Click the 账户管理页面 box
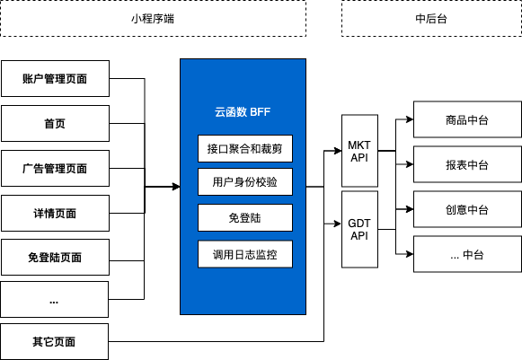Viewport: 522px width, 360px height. [55, 78]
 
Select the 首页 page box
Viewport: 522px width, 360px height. [55, 123]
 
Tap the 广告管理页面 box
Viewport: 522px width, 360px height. [55, 168]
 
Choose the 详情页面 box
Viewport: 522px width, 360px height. [55, 213]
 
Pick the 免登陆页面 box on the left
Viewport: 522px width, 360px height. [55, 258]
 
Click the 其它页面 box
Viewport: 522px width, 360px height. [55, 341]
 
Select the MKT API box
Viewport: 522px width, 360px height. [359, 152]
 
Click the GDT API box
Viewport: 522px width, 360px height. [359, 229]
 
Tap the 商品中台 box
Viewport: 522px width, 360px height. [466, 119]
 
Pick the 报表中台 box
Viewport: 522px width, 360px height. [466, 164]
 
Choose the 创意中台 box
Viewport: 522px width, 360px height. [466, 209]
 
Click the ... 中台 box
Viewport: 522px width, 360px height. [466, 255]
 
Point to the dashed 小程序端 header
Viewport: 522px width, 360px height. [153, 19]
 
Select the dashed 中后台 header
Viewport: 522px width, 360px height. [430, 19]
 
